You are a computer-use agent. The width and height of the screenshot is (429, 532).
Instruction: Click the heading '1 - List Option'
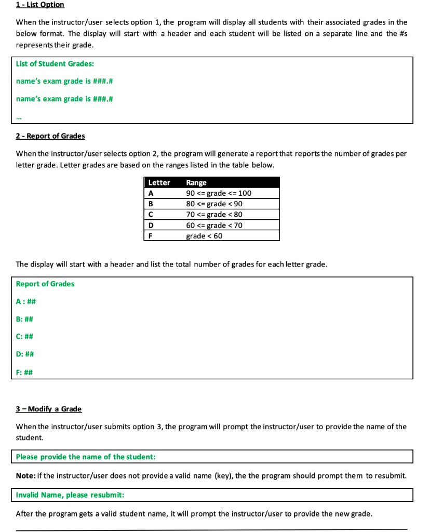point(40,5)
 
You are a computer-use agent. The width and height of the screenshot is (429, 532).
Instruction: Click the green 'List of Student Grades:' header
point(55,64)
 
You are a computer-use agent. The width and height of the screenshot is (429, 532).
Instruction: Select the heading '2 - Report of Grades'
point(50,136)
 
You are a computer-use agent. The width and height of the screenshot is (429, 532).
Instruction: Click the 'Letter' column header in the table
point(159,182)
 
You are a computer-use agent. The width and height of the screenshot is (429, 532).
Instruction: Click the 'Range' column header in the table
point(196,182)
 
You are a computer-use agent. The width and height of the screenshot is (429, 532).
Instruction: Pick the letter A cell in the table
point(151,193)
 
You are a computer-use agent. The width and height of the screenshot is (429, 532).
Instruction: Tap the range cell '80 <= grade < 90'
point(214,204)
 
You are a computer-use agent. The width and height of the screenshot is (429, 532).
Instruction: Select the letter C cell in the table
point(151,215)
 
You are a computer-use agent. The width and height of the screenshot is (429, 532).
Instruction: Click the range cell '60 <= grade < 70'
point(214,225)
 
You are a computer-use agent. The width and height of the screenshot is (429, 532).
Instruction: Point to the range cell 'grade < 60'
point(204,236)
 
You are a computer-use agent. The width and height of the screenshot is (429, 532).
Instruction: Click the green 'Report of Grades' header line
point(45,284)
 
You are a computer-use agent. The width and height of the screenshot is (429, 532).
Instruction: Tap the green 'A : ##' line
point(25,301)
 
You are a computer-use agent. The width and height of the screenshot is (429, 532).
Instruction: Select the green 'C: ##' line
point(25,337)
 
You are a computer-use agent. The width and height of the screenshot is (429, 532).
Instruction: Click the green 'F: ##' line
point(24,372)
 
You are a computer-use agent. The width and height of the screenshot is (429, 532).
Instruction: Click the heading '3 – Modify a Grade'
point(49,409)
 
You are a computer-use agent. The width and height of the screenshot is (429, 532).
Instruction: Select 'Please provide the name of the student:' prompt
point(86,457)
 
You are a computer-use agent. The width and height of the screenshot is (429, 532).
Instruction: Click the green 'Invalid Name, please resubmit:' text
point(70,495)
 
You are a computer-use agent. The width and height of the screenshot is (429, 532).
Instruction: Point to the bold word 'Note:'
point(25,476)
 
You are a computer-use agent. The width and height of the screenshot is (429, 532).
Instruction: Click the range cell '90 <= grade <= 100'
point(219,193)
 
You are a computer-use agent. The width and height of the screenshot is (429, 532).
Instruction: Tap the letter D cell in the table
point(151,225)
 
